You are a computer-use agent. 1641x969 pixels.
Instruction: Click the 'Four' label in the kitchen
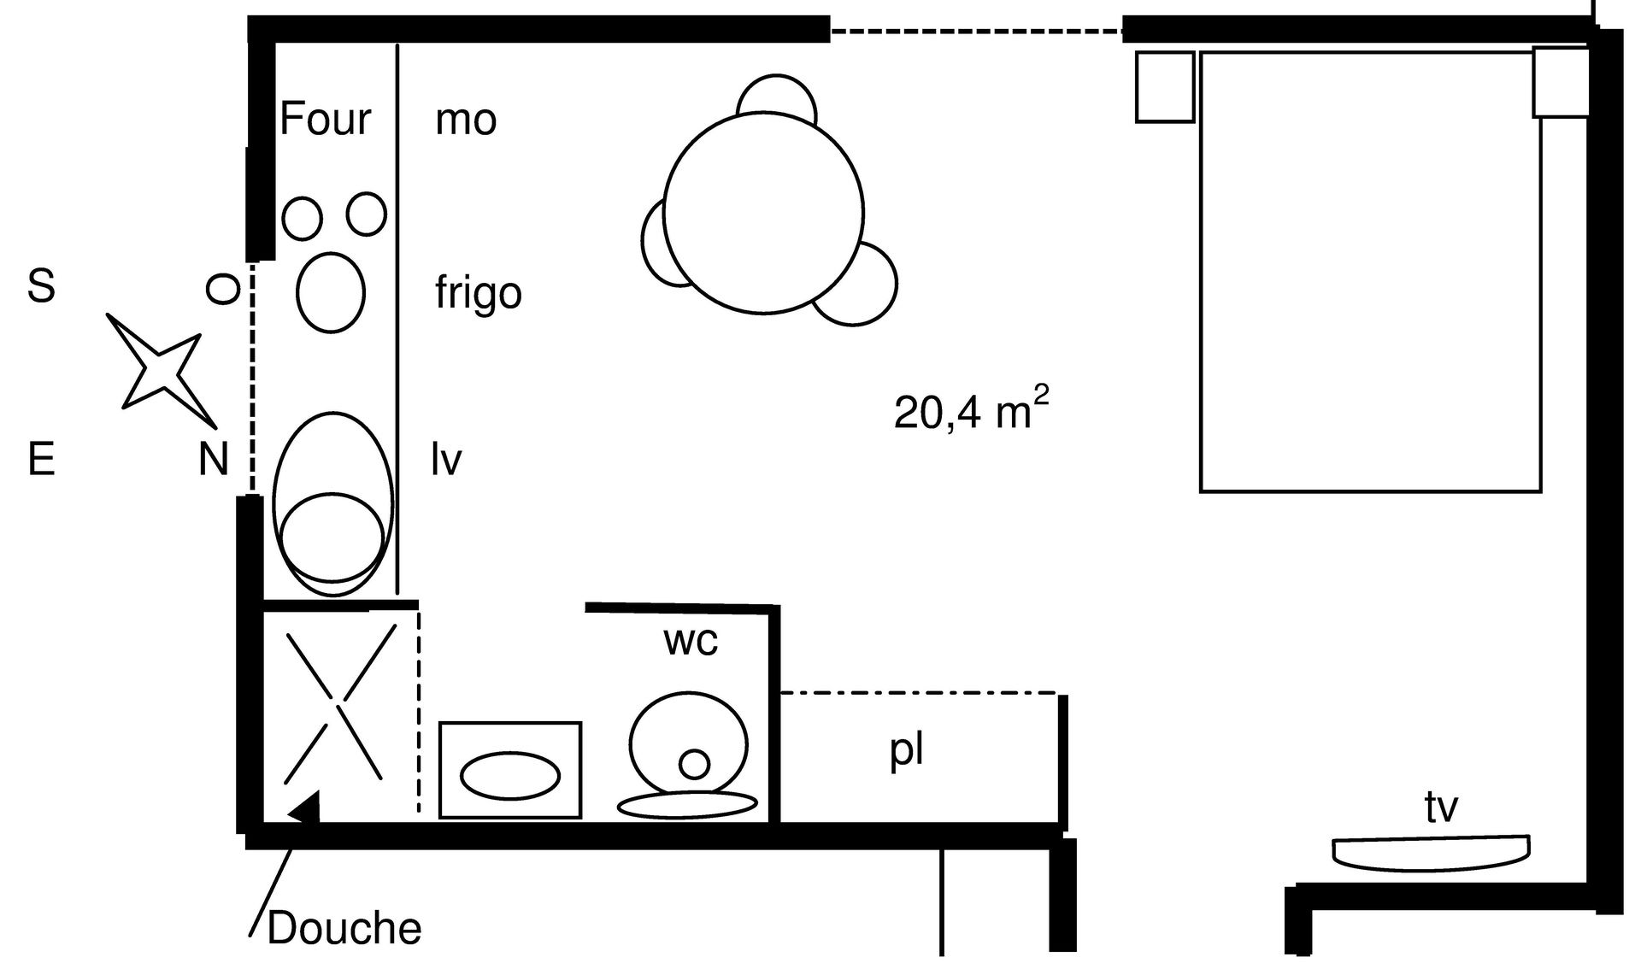pyautogui.click(x=325, y=119)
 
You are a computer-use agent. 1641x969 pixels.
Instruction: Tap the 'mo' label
pyautogui.click(x=466, y=120)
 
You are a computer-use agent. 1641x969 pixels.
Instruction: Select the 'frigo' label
pyautogui.click(x=478, y=293)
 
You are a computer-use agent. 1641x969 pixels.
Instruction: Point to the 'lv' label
pyautogui.click(x=446, y=461)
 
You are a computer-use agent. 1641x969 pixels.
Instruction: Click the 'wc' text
pyautogui.click(x=691, y=640)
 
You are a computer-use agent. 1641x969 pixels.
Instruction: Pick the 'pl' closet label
pyautogui.click(x=906, y=751)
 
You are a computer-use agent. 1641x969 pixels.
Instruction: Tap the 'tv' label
pyautogui.click(x=1441, y=807)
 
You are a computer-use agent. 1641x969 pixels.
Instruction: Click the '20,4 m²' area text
pyautogui.click(x=971, y=411)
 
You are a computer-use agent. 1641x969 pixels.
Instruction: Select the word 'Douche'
pyautogui.click(x=344, y=929)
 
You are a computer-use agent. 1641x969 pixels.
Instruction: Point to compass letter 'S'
pyautogui.click(x=41, y=286)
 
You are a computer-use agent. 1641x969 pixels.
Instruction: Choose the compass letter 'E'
pyautogui.click(x=41, y=460)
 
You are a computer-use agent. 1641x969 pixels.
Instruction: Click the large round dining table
pyautogui.click(x=763, y=213)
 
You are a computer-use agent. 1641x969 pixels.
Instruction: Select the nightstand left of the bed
pyautogui.click(x=1164, y=86)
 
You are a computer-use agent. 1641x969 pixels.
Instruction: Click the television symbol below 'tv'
pyautogui.click(x=1431, y=854)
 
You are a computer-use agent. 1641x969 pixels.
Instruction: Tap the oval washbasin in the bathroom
pyautogui.click(x=510, y=776)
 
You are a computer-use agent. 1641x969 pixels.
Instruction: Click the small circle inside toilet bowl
pyautogui.click(x=694, y=763)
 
